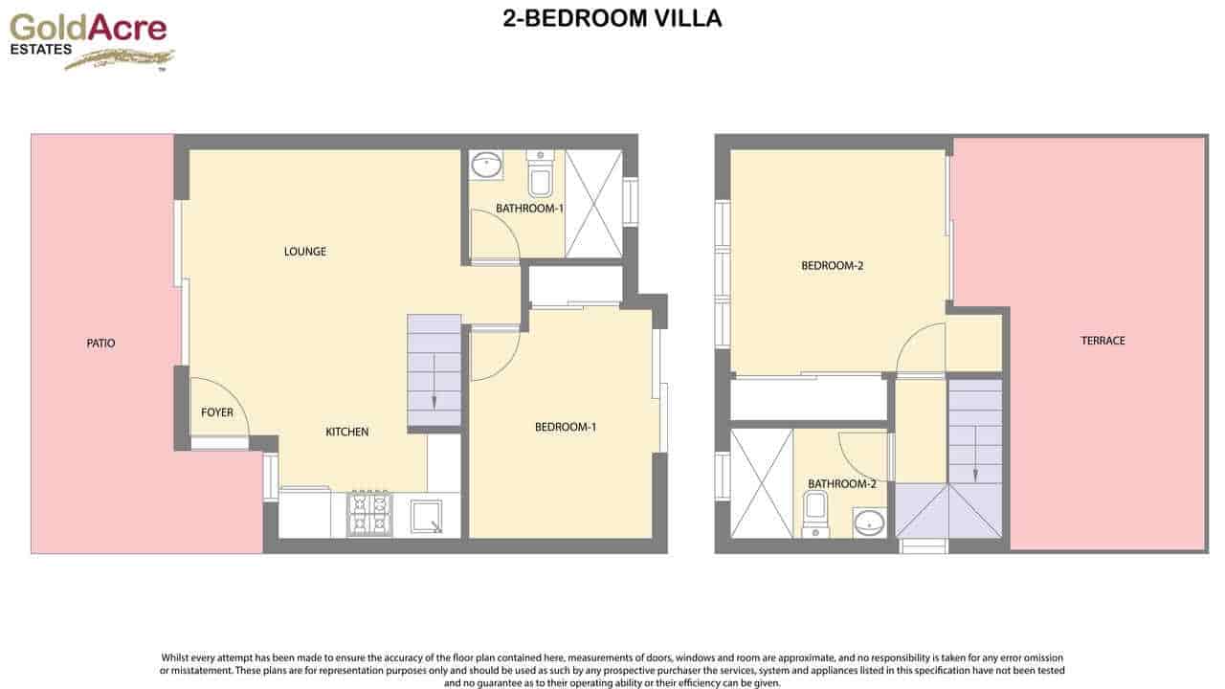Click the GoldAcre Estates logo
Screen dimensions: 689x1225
pos(90,41)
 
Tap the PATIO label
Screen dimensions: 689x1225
pos(100,343)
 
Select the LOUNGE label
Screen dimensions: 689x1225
pos(305,252)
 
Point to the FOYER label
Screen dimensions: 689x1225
pos(217,412)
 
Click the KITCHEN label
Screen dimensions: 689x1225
pos(347,432)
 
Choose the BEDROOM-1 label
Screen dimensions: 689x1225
pos(566,427)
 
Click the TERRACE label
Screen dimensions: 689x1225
pos(1102,341)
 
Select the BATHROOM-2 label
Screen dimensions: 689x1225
pos(842,484)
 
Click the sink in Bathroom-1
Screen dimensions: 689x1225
pos(486,165)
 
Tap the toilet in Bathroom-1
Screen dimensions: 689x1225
pos(540,174)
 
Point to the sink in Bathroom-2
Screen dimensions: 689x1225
pos(869,522)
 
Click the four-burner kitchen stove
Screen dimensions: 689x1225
pos(369,513)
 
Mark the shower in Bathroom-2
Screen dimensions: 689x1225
pos(761,483)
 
